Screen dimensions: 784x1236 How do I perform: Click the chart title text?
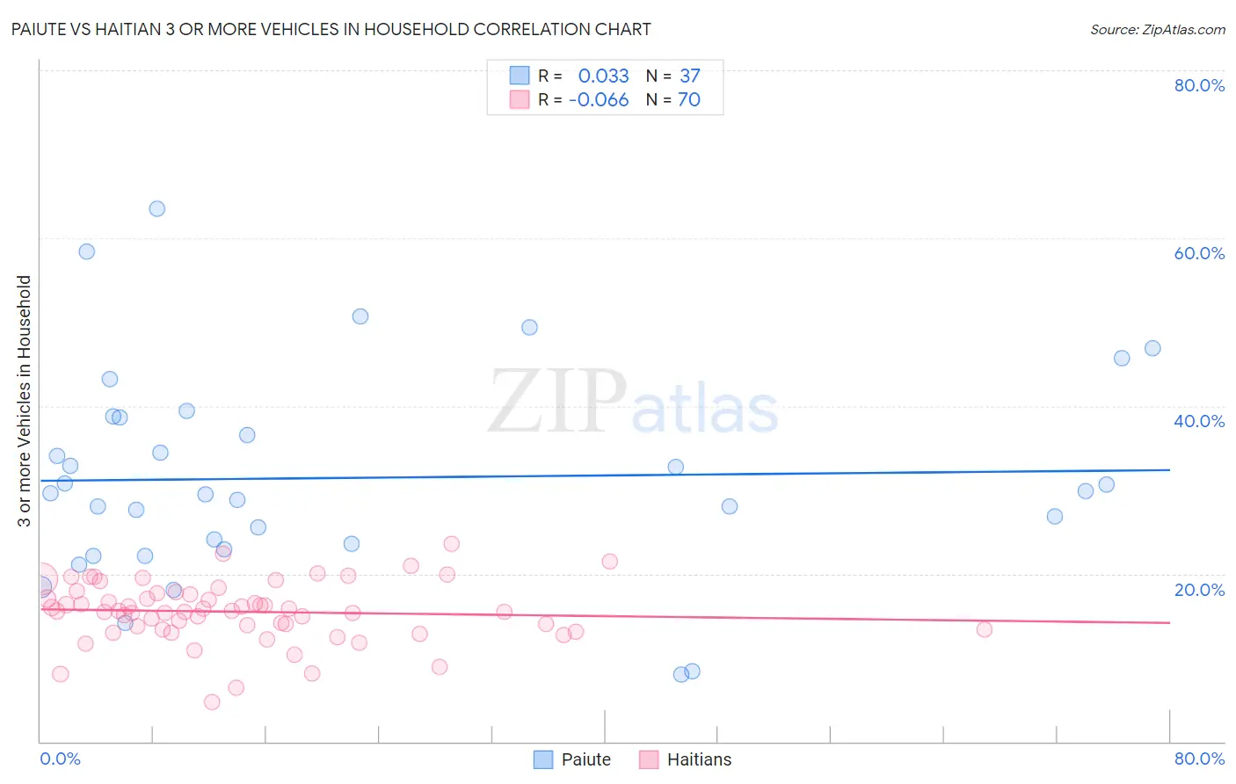point(331,29)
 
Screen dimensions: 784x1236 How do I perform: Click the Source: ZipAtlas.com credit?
point(1157,29)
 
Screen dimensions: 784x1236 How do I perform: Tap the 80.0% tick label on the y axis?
point(1199,85)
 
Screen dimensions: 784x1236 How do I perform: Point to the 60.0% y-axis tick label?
point(1199,253)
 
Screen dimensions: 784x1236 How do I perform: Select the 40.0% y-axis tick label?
point(1199,421)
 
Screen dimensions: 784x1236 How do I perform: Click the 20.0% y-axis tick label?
point(1199,589)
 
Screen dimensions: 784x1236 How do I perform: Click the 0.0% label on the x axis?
point(60,759)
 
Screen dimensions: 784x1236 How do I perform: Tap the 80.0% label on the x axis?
point(1199,759)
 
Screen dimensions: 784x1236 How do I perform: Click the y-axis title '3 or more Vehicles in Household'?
point(25,401)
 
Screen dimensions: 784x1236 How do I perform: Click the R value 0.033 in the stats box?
point(603,76)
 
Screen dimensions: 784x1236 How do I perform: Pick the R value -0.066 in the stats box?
point(599,99)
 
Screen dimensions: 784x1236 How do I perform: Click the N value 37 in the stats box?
point(690,76)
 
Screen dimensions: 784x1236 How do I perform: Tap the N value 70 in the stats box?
point(689,99)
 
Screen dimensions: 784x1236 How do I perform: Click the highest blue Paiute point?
point(157,208)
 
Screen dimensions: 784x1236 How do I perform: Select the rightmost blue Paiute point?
point(1152,348)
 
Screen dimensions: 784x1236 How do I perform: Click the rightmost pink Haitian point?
point(985,629)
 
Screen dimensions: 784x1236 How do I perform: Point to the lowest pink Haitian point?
point(212,701)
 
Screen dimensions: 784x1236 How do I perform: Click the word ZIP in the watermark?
point(556,402)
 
